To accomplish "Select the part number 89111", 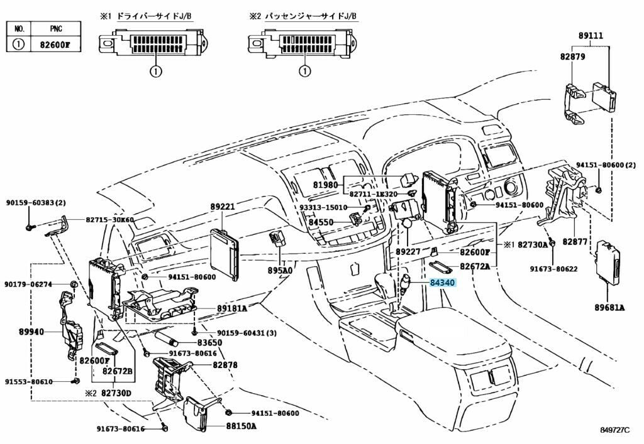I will (590, 36).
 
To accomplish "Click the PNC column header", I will (55, 29).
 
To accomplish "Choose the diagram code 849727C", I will (613, 431).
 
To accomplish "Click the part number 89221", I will (223, 206).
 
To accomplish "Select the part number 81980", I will (325, 185).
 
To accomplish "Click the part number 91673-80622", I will (552, 269).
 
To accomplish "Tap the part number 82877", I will (574, 241).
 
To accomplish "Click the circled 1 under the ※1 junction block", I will (155, 72).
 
